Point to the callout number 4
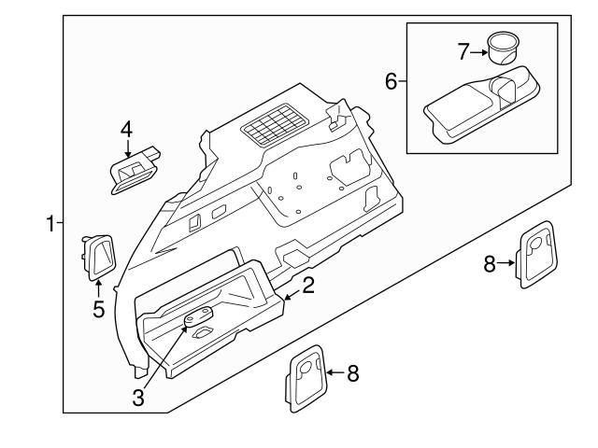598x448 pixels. coord(126,130)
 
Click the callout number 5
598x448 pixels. coord(98,310)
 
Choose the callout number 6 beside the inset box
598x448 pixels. coord(392,80)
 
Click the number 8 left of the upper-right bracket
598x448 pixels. coord(489,263)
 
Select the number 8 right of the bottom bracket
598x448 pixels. coord(352,374)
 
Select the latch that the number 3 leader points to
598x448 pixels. coord(198,319)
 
